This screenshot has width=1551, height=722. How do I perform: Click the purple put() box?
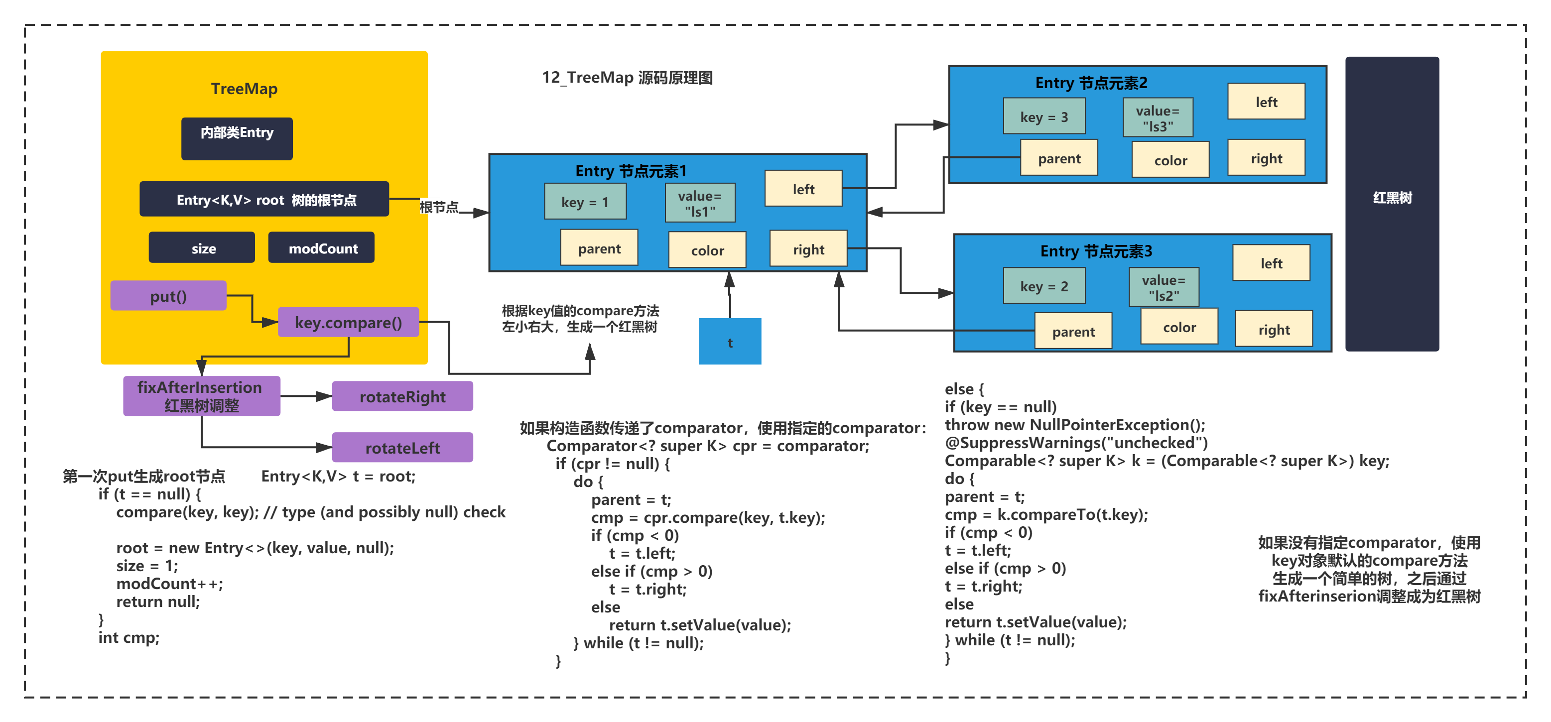point(168,296)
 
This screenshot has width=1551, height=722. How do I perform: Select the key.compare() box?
point(348,322)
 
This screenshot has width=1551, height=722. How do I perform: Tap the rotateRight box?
point(402,396)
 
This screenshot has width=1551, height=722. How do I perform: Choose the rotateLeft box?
point(402,448)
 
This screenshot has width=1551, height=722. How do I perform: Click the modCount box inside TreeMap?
point(322,247)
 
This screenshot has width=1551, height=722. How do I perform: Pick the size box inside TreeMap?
point(202,247)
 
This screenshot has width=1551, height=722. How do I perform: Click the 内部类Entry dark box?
point(237,138)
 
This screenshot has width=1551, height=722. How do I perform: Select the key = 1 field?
point(585,201)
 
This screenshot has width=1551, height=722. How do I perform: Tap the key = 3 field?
point(1044,116)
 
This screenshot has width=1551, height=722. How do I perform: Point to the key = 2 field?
point(1044,286)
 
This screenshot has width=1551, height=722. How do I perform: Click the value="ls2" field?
point(1164,287)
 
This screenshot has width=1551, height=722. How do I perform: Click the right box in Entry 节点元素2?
point(1266,158)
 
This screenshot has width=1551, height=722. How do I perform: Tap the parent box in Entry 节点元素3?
point(1073,331)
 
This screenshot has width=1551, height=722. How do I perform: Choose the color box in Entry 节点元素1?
point(707,250)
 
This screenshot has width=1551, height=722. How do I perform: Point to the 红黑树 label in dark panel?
point(1392,198)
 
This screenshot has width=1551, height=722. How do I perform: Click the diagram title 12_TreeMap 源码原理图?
point(627,78)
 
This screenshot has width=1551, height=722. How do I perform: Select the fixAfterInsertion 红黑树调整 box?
point(202,396)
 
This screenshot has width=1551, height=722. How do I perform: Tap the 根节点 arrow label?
point(439,207)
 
